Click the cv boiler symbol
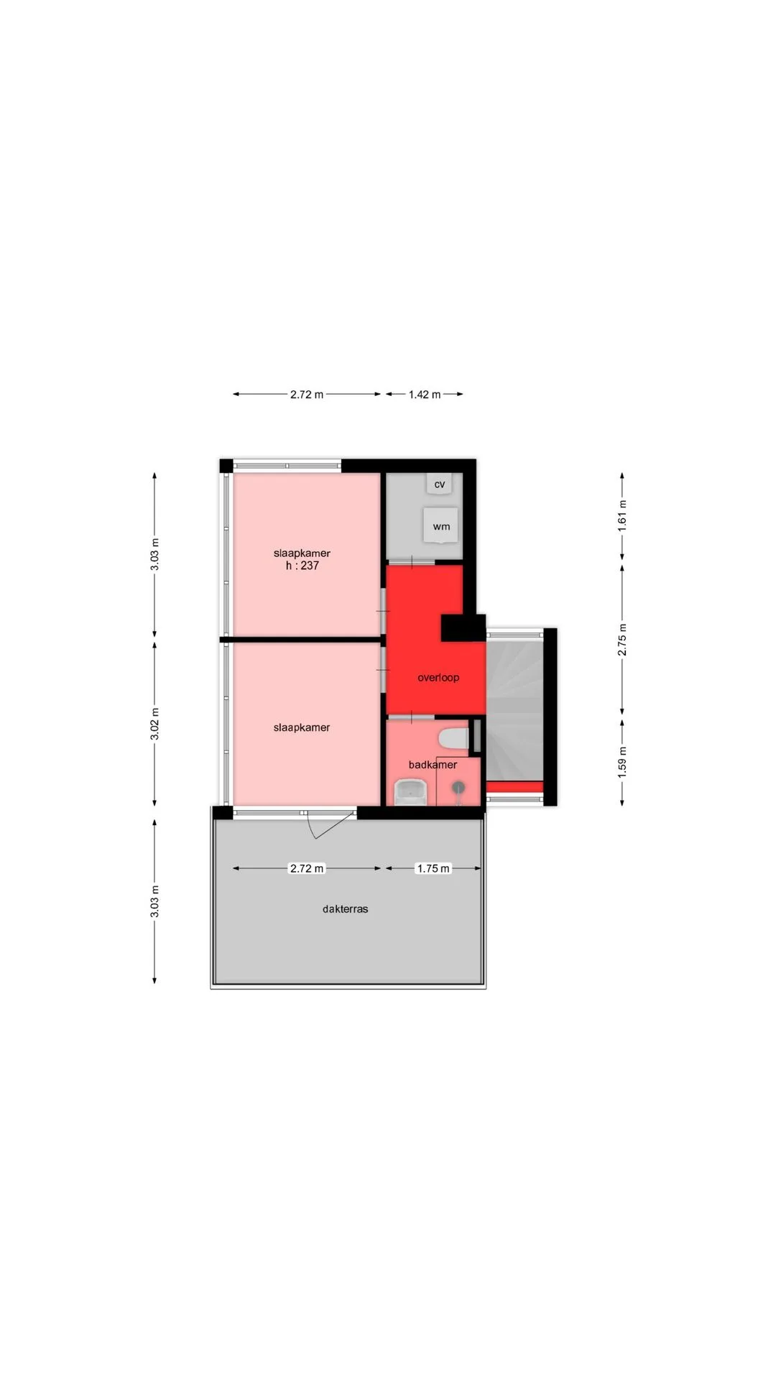tap(440, 484)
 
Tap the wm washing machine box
tap(440, 525)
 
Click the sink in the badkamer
tap(411, 794)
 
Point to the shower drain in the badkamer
tap(458, 788)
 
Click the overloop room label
tap(438, 677)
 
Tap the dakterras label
tap(345, 908)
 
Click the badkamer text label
tap(433, 764)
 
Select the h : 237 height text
tap(302, 566)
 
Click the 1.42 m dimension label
tap(425, 394)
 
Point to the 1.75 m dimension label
tap(433, 868)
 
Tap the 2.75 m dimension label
tap(622, 639)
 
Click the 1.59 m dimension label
tap(622, 760)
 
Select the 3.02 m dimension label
tap(155, 724)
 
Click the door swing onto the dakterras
tap(331, 825)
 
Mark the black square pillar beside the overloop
tap(463, 628)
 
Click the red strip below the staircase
tap(514, 787)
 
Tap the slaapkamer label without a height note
tap(302, 727)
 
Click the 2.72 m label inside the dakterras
tap(307, 868)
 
